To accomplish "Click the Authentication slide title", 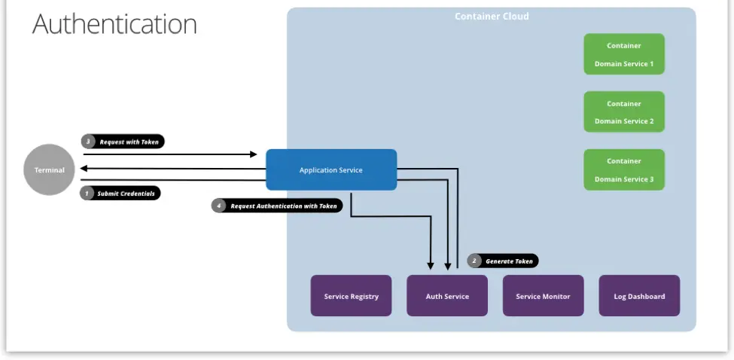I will (114, 24).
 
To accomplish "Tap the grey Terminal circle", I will (50, 169).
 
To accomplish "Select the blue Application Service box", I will (330, 169).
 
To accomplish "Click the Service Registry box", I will (351, 295).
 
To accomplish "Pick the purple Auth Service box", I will (447, 295).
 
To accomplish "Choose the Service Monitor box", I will (543, 295).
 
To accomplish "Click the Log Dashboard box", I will (639, 295).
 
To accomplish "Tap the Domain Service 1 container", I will (624, 54).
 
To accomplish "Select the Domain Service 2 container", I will (624, 111).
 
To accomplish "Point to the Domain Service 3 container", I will (624, 169).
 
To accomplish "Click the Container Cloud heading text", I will (492, 17).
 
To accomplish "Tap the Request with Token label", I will (129, 142).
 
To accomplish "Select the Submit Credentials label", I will (126, 194).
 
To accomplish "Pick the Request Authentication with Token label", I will (284, 206).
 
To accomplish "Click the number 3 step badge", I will (88, 142).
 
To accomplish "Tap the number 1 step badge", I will (87, 194).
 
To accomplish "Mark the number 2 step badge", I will (474, 261).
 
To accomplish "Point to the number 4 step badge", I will (219, 206).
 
